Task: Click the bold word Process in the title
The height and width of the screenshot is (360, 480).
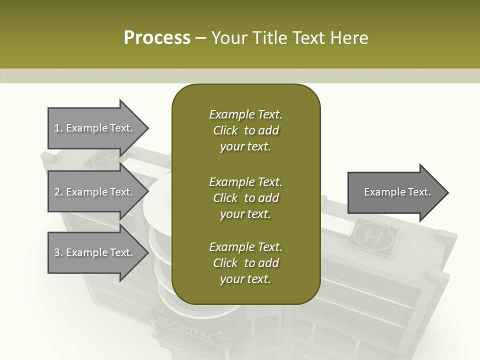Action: [x=157, y=38]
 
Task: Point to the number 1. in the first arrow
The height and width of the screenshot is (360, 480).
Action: [x=58, y=128]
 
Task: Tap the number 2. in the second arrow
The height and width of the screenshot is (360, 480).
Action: [x=58, y=192]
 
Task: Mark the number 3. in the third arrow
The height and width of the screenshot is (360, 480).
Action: [x=58, y=252]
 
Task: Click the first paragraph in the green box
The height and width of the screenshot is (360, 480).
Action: [x=245, y=130]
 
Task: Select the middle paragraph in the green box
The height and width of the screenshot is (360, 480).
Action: [x=245, y=198]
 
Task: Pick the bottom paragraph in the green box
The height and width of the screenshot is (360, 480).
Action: [x=245, y=263]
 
